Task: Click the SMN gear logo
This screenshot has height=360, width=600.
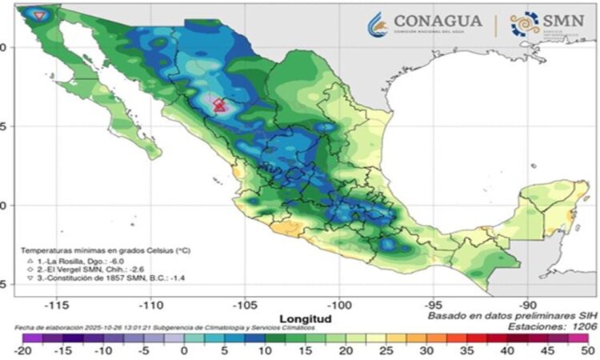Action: (x=524, y=24)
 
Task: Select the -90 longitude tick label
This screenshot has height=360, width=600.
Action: (x=527, y=305)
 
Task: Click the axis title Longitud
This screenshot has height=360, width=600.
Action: (x=302, y=318)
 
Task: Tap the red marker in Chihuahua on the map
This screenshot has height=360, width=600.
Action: (x=219, y=105)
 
